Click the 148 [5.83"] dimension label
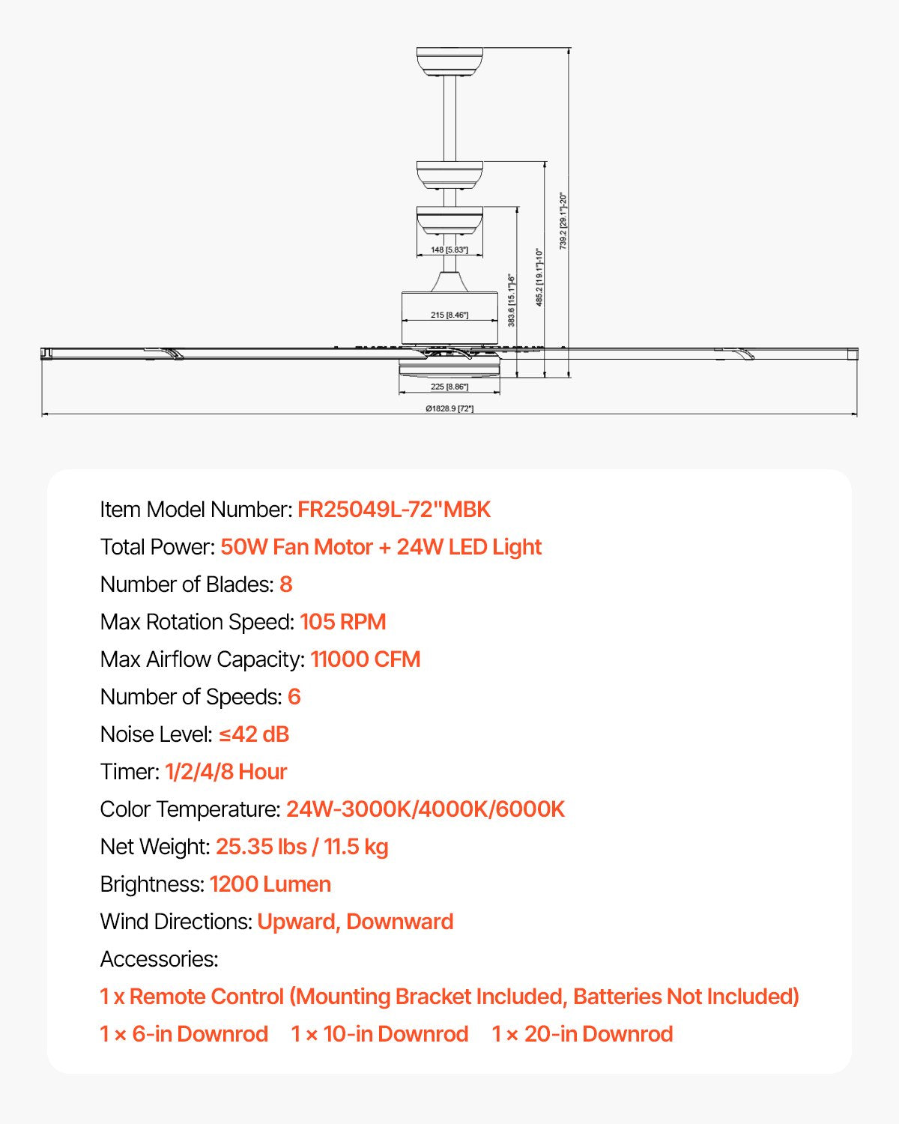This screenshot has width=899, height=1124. (449, 250)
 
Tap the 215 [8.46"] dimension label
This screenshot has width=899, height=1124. (449, 315)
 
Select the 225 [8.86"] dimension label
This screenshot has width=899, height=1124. (449, 387)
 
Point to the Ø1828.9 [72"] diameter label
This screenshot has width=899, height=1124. (449, 408)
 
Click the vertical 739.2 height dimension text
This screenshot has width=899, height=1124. (563, 221)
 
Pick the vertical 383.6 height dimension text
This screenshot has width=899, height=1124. (512, 300)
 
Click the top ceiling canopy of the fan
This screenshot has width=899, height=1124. (449, 61)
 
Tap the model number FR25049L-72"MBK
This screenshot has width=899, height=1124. (394, 510)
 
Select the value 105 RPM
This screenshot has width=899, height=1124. (343, 622)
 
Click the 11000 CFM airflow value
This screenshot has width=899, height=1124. (366, 659)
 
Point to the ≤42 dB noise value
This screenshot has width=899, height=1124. (254, 734)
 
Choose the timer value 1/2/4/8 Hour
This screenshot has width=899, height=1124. (226, 772)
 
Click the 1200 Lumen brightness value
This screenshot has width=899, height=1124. (270, 884)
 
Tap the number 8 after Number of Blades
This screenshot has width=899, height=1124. (286, 584)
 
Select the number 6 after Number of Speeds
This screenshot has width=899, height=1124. (294, 697)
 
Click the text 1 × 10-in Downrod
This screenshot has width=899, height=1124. (380, 1034)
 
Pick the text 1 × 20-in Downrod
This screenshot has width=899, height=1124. (582, 1034)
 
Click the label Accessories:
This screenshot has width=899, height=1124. (160, 959)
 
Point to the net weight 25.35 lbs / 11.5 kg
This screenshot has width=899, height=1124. (302, 847)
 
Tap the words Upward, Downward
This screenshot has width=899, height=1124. (355, 922)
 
